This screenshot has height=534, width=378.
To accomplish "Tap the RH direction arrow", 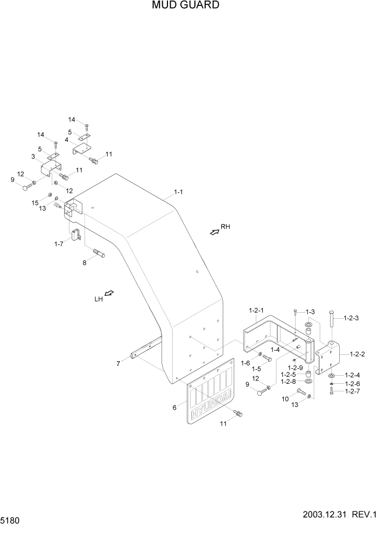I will coord(214,231).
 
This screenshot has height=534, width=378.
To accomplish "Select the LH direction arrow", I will coord(109,293).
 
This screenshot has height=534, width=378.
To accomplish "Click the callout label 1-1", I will coord(179,192).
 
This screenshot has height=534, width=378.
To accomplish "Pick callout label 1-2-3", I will coord(350,318).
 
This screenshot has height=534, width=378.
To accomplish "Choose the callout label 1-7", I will coord(59,244).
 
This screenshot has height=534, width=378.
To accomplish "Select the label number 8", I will coord(84,263).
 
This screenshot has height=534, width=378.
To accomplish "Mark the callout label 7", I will coord(118,364).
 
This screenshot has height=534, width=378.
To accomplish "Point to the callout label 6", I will coord(174,407).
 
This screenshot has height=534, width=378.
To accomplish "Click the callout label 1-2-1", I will coord(256,310).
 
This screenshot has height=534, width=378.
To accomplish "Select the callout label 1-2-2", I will coord(358,354).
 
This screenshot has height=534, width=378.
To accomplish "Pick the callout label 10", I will coord(285,399).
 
